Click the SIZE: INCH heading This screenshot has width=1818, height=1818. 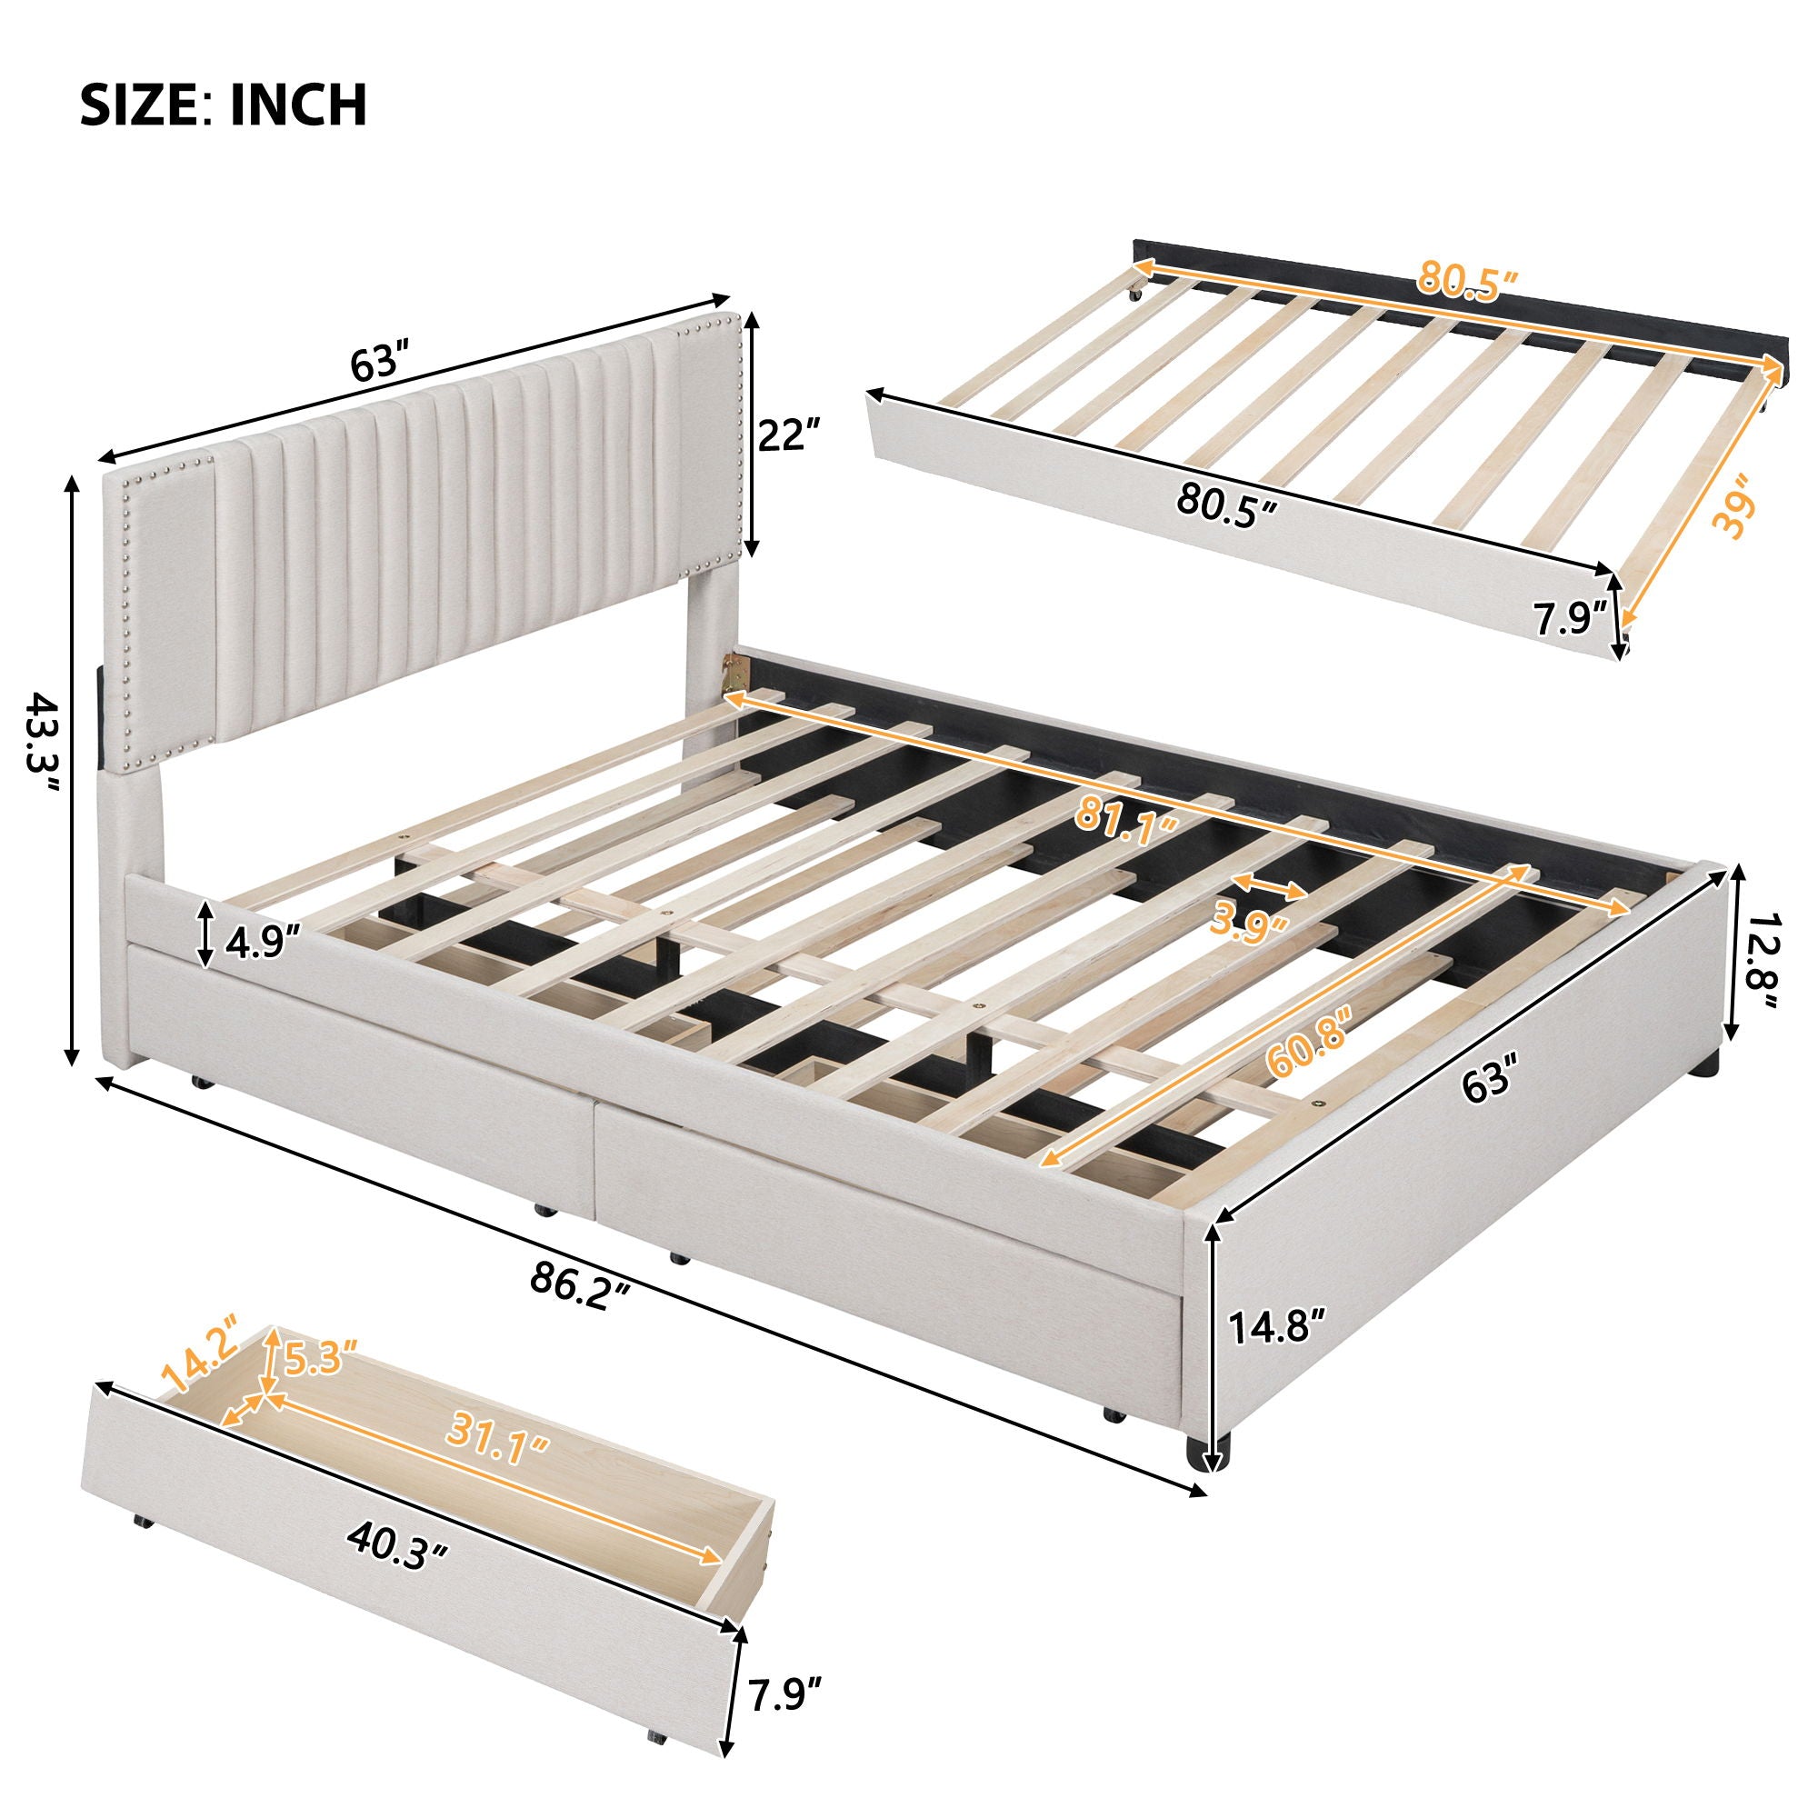pos(223,105)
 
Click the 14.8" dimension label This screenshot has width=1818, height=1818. pos(1277,1356)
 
